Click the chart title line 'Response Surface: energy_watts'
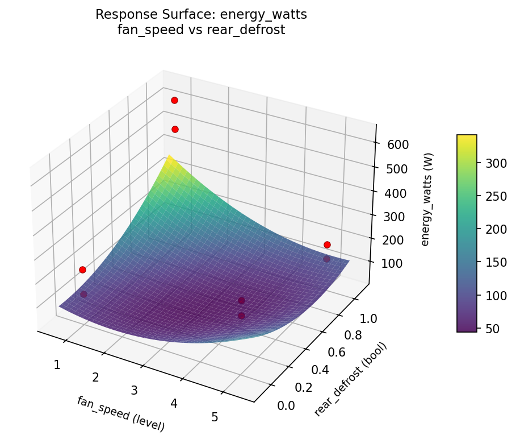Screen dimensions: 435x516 (x=201, y=15)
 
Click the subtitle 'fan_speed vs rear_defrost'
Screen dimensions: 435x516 (x=201, y=30)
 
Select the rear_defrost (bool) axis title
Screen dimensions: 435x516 (x=350, y=379)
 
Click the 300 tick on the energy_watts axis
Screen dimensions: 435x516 (x=395, y=217)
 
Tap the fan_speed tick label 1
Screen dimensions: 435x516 (x=57, y=365)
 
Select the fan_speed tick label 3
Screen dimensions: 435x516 (x=135, y=390)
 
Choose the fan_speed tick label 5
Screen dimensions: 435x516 (x=215, y=417)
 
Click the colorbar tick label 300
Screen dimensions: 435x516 (x=490, y=163)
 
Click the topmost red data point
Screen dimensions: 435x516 (x=174, y=100)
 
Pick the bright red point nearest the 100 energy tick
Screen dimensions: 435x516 (x=327, y=245)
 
